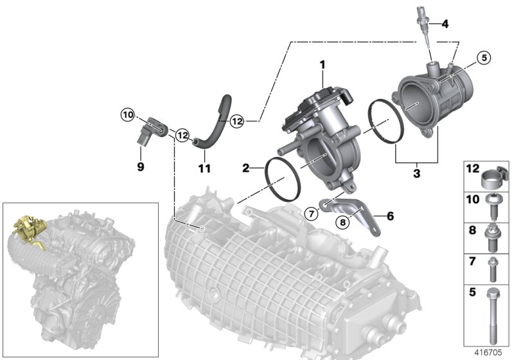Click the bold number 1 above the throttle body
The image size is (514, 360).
coord(323,64)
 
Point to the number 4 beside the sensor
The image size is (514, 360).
coord(445,24)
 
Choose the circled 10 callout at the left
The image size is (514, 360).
coord(127,115)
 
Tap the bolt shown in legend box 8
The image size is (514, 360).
coord(495,239)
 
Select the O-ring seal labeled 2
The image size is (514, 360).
coord(283,177)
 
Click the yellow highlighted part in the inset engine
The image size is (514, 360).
coord(27,229)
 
